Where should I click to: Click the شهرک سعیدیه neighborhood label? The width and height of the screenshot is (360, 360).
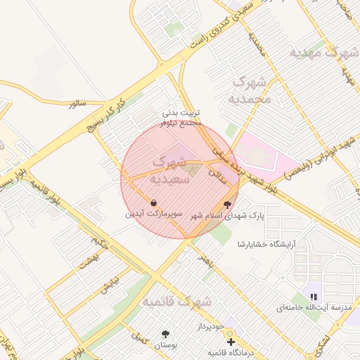165,172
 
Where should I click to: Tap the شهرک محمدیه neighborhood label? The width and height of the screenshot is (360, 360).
250,89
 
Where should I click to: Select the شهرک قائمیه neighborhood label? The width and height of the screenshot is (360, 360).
179,302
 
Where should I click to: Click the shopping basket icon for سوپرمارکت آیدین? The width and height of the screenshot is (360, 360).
153,202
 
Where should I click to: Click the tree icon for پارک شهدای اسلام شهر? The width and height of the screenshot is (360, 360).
226,205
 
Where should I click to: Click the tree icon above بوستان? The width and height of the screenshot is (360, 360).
166,334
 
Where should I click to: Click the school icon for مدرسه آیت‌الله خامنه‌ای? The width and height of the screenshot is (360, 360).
314,297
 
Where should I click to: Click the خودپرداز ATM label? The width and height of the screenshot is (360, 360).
210,328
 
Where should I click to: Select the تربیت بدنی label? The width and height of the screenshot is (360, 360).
183,112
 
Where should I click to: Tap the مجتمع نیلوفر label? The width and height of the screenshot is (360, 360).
181,123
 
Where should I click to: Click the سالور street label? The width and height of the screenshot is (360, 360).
77,103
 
